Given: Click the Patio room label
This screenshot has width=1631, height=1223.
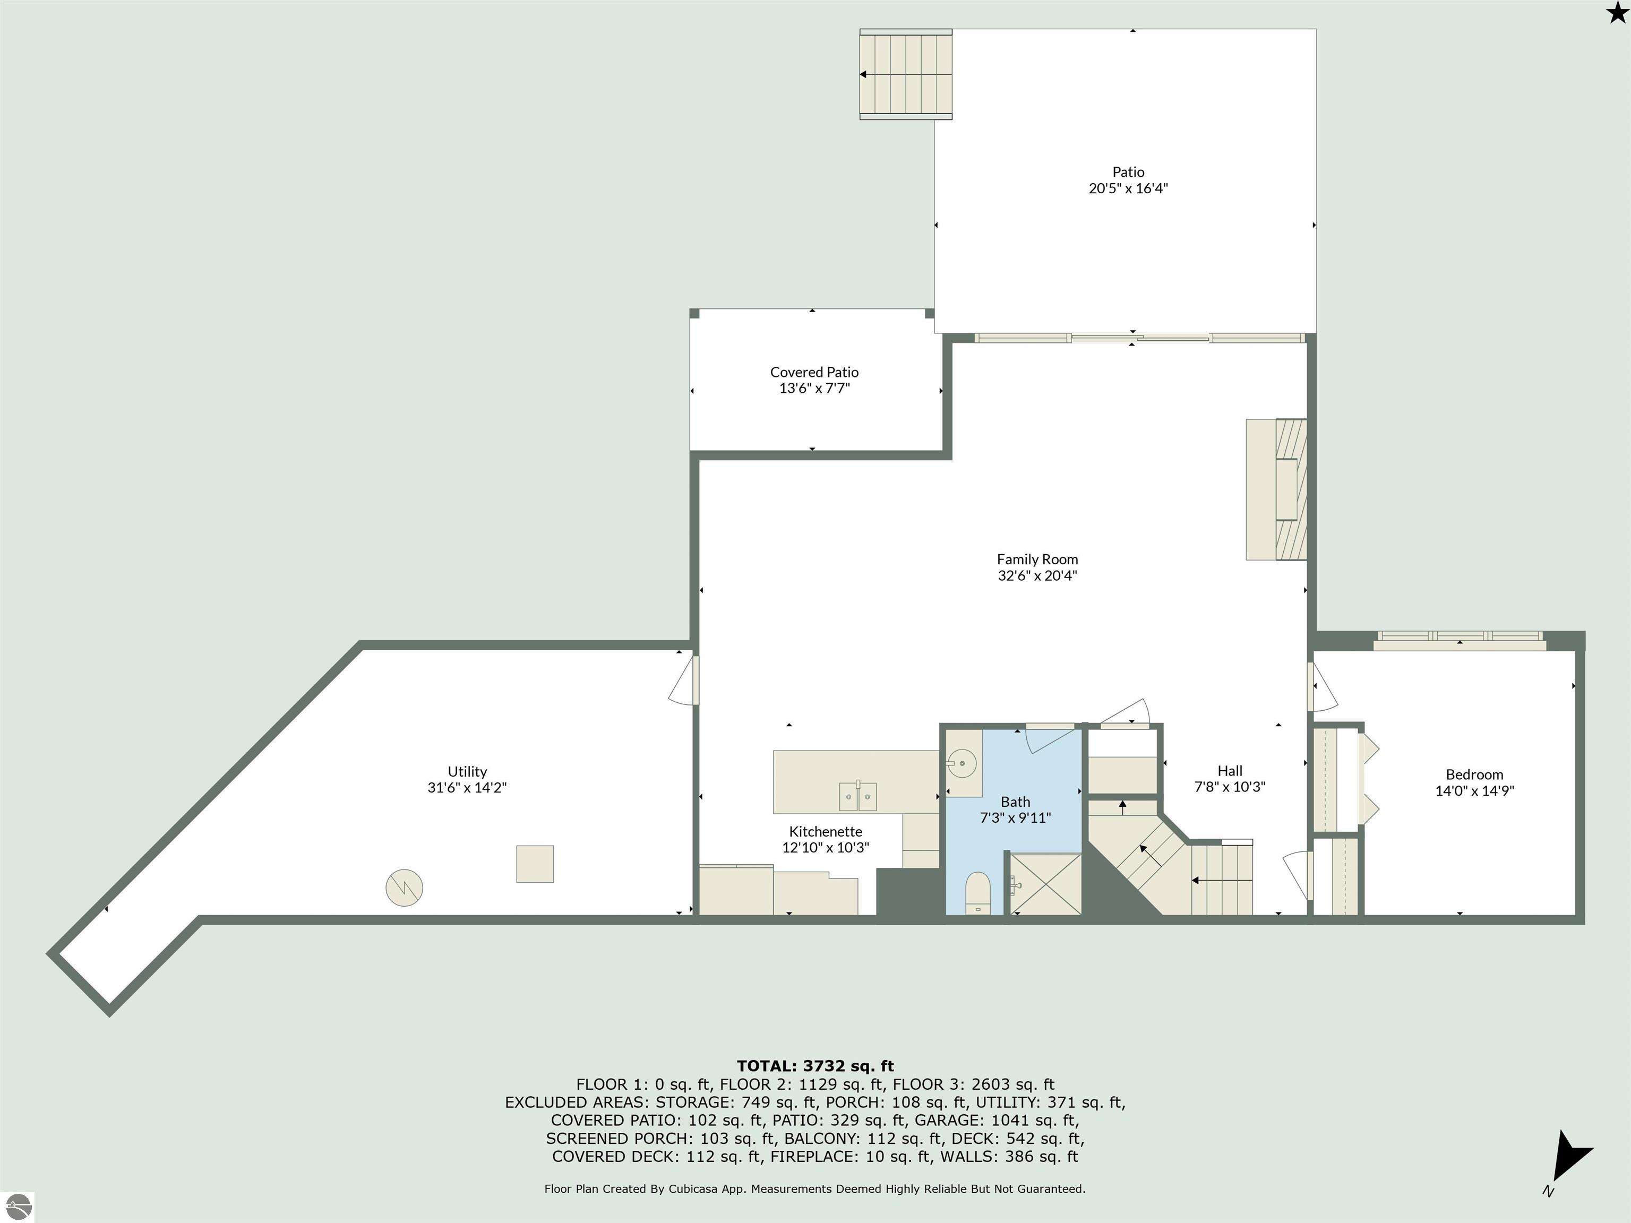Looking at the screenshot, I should (x=1128, y=172).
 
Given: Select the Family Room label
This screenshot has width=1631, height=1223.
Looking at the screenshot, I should (x=1037, y=559).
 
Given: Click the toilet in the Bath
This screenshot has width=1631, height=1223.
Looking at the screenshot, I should (x=978, y=893).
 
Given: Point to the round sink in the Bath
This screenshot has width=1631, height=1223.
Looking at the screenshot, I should (x=962, y=764).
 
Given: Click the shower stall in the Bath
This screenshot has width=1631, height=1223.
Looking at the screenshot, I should (x=1045, y=884).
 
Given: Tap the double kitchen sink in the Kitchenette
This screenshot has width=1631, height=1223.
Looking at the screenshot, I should (x=857, y=796).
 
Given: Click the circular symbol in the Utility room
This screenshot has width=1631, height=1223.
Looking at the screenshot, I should (x=404, y=888).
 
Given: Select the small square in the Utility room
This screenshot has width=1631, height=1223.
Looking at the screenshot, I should (x=535, y=864).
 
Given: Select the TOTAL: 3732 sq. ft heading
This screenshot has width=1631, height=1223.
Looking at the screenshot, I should (x=815, y=1066).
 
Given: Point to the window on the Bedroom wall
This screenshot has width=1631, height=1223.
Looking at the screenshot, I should (x=1459, y=639).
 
